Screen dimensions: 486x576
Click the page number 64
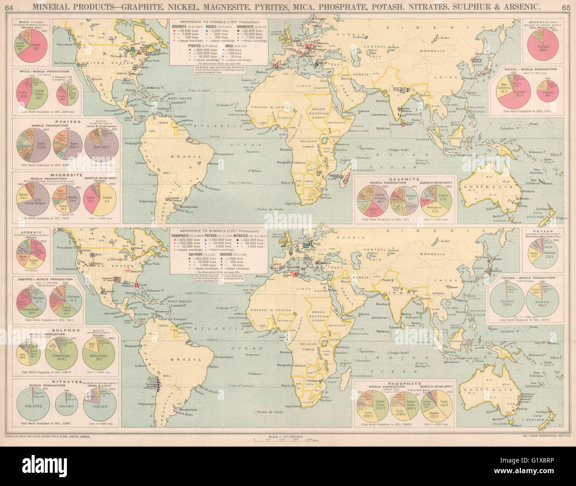click(8, 7)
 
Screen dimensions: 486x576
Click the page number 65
click(566, 7)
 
